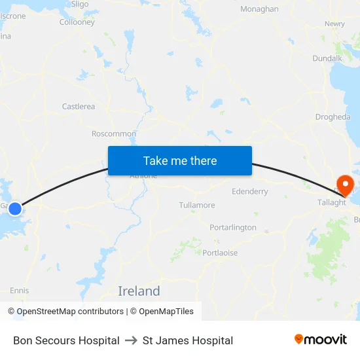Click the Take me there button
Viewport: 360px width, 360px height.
tap(180, 160)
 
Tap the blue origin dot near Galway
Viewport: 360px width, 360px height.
tap(15, 209)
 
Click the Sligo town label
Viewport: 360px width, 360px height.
tap(79, 4)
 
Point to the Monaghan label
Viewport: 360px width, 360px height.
tap(259, 9)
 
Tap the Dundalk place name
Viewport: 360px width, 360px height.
tap(327, 58)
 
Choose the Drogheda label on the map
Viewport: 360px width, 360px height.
tap(333, 117)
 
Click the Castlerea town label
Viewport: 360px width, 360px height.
tap(79, 106)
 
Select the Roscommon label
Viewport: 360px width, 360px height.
tap(114, 134)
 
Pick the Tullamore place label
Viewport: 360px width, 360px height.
tap(197, 205)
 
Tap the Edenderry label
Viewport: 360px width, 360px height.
tap(250, 192)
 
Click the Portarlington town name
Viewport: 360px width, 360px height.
tap(233, 227)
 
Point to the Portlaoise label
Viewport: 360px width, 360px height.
tap(220, 253)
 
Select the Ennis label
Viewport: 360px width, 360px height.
tap(19, 290)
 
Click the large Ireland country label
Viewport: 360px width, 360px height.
tap(139, 291)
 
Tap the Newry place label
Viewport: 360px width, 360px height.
tap(334, 24)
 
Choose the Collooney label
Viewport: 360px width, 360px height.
tap(77, 22)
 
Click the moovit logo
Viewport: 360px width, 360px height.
tap(321, 340)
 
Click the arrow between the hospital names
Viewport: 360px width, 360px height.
tap(131, 340)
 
